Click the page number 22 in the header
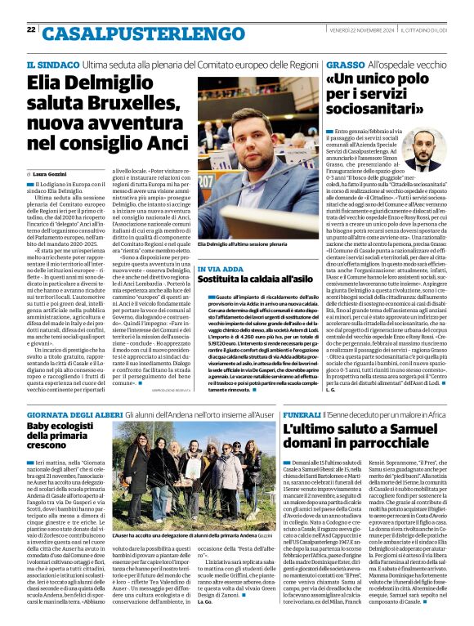click(31, 29)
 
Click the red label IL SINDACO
click(51, 65)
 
